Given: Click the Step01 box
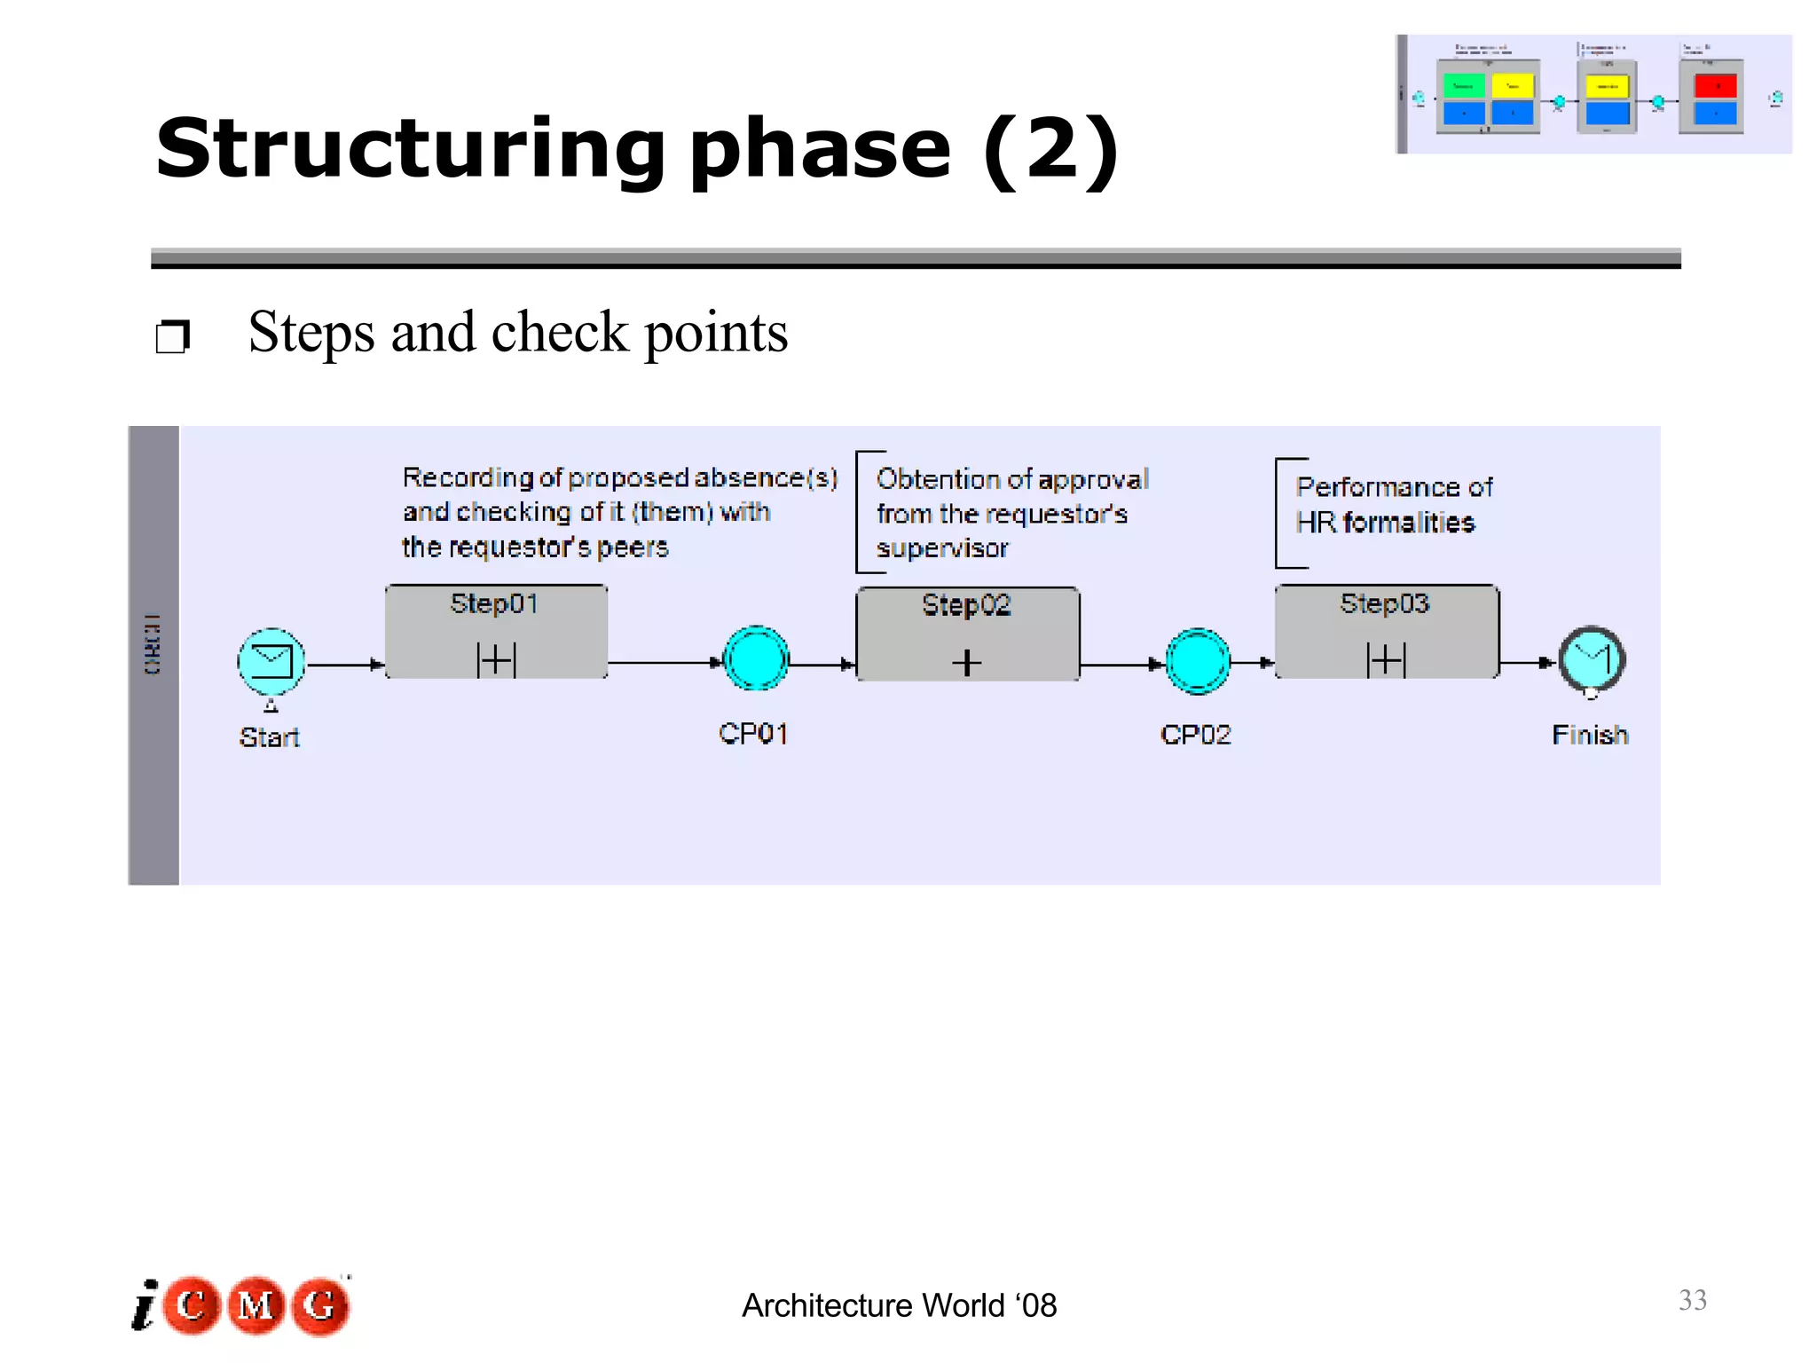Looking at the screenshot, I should coord(496,632).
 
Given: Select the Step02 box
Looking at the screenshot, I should coord(967,634).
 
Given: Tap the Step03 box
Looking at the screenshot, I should coord(1387,632).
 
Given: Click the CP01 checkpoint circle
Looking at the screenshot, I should coord(756,658).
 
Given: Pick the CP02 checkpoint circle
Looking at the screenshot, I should coord(1197,661).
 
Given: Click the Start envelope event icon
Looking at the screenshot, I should coord(271,662).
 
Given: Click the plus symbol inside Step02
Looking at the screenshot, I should coord(966,663).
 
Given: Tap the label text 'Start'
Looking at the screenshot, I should coord(269,737).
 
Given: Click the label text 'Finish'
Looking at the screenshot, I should coord(1590,736).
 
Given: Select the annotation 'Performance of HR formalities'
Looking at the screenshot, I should coord(1393,505).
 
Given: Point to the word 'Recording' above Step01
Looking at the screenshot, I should coord(468,477).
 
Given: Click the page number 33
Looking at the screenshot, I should coord(1692,1300).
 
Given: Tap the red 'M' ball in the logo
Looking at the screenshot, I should coord(256,1305).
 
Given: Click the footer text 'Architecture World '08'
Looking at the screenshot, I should coord(899,1305).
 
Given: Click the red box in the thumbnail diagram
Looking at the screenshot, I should coord(1714,85).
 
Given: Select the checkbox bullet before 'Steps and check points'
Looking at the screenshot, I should coord(172,337).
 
